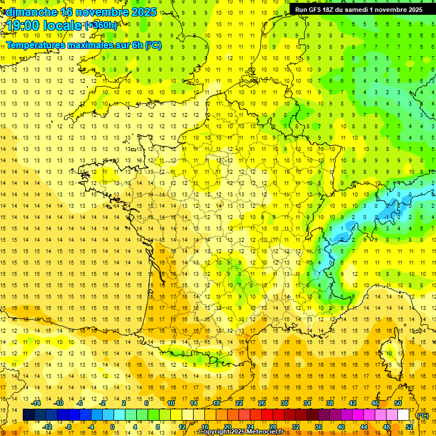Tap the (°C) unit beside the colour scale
[422, 415]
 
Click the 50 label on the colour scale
[398, 403]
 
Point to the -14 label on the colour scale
[36, 403]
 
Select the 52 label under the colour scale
[409, 426]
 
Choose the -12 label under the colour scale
[47, 426]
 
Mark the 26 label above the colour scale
[262, 403]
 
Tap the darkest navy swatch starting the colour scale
[28, 415]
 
